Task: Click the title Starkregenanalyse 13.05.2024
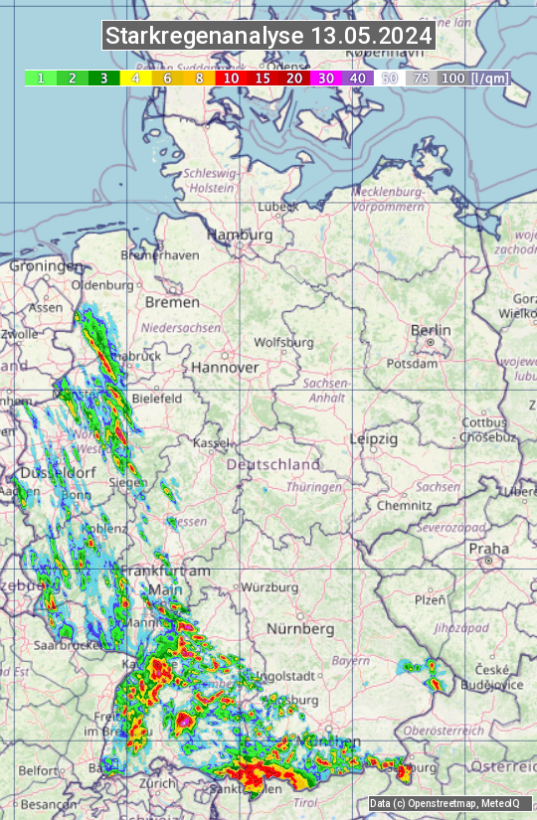(268, 37)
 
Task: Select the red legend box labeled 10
(230, 77)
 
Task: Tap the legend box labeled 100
(452, 77)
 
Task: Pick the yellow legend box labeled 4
(134, 77)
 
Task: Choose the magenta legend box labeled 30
(325, 77)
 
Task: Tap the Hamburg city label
(239, 235)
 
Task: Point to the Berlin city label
(431, 330)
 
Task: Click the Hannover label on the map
(225, 367)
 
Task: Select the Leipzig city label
(374, 438)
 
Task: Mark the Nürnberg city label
(300, 629)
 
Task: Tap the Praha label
(488, 548)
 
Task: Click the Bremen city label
(172, 301)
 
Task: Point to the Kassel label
(212, 441)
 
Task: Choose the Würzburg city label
(269, 586)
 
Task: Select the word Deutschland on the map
(273, 464)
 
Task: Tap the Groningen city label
(46, 266)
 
